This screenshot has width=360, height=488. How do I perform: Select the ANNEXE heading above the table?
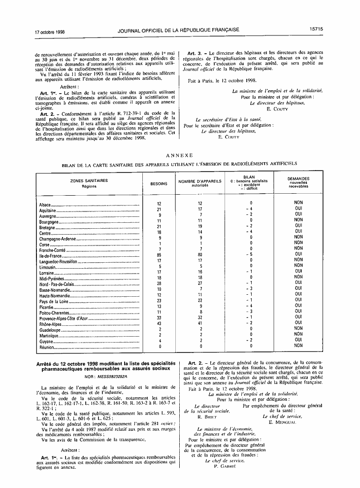[179, 155]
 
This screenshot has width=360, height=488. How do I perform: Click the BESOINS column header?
[159, 183]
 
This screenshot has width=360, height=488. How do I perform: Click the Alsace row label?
[46, 204]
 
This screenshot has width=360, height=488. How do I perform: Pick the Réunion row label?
[47, 348]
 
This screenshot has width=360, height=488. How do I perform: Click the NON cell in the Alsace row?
[298, 203]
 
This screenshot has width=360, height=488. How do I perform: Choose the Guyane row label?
[46, 342]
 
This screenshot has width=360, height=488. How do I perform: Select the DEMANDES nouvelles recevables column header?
[298, 183]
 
